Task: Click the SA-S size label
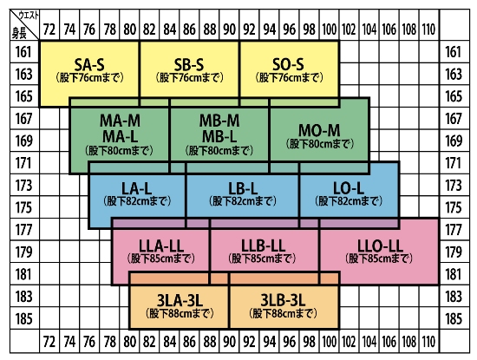(89, 65)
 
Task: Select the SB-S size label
(189, 65)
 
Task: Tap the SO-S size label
(288, 64)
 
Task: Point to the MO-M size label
(319, 131)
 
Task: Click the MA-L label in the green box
(121, 136)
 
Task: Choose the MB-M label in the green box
(219, 121)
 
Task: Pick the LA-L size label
(136, 189)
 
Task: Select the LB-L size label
(243, 189)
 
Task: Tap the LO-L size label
(349, 188)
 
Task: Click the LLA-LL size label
(161, 245)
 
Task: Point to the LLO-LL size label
(380, 245)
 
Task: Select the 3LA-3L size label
(180, 301)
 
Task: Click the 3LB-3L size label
(283, 301)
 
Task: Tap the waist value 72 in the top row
(49, 29)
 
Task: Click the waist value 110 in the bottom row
(428, 342)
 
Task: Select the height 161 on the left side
(23, 52)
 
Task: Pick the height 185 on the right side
(454, 318)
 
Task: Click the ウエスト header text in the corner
(29, 16)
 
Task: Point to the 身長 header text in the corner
(19, 33)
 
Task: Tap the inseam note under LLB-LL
(262, 259)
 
